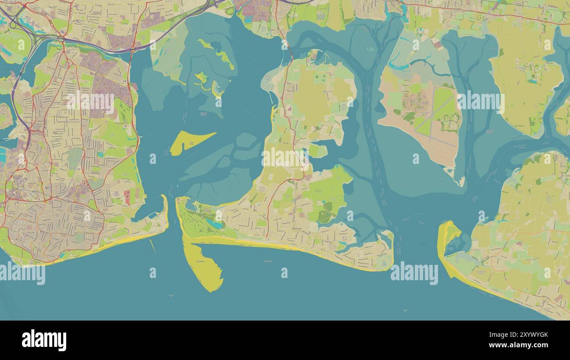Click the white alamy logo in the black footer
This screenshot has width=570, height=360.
point(44,340)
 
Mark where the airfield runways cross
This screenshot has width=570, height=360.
point(432,115)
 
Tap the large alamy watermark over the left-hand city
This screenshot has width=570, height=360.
point(90,102)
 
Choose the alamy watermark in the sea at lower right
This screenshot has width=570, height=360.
point(414,273)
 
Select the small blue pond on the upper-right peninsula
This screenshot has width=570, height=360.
point(532,81)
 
